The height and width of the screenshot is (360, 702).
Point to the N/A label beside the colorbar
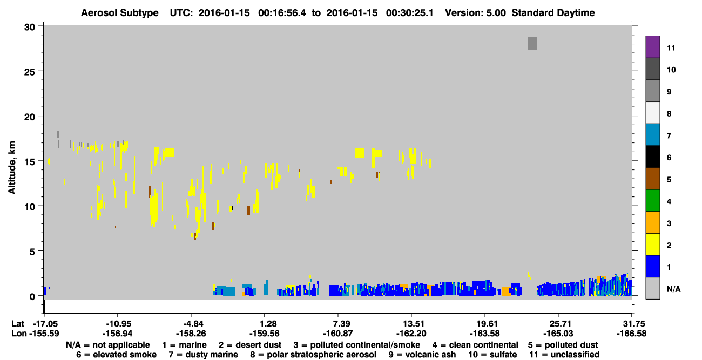click(x=673, y=289)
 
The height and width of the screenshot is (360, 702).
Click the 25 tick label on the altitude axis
click(x=30, y=71)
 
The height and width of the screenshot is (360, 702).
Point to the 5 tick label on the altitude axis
click(x=32, y=252)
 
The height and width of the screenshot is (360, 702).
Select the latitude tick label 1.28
click(x=268, y=324)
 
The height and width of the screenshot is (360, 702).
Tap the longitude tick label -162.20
click(x=411, y=334)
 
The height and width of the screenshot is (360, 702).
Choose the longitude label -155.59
click(x=44, y=334)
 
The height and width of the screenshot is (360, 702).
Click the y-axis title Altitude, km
click(x=12, y=167)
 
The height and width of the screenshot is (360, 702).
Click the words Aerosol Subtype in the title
click(x=120, y=13)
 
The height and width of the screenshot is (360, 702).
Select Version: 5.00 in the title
click(x=475, y=13)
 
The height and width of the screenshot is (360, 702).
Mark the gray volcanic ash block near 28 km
click(x=532, y=43)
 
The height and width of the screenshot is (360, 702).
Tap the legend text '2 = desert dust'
click(x=250, y=345)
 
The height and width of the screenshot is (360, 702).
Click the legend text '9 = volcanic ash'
click(x=422, y=355)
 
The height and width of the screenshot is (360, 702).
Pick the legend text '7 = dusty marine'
click(x=203, y=355)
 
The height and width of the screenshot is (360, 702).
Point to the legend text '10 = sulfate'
click(x=492, y=355)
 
